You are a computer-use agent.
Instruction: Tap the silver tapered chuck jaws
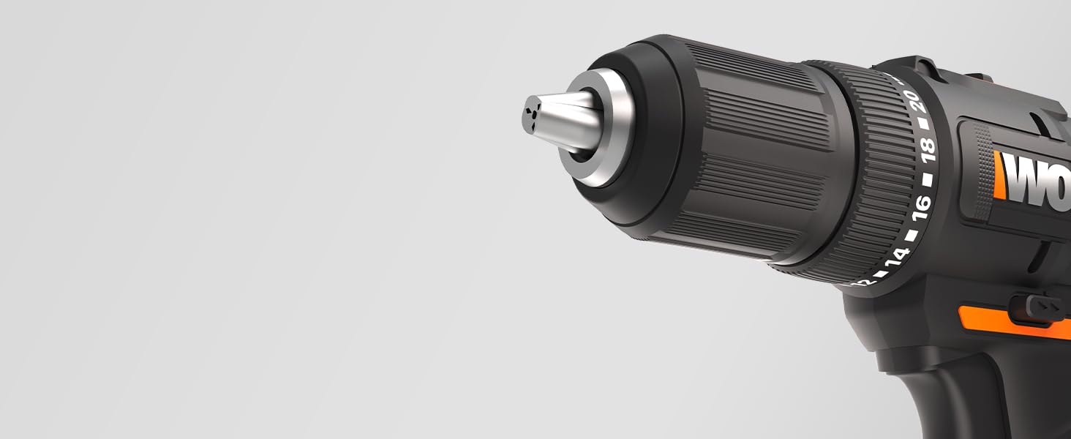click(x=560, y=119)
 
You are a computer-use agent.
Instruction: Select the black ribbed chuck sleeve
click(x=739, y=146)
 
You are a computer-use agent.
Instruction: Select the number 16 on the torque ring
click(x=922, y=207)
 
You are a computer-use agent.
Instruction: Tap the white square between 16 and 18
click(x=928, y=179)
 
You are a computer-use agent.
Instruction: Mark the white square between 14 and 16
click(x=912, y=235)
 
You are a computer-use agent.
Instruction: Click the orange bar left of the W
click(x=999, y=176)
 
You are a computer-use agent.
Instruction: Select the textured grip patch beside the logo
click(x=981, y=173)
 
